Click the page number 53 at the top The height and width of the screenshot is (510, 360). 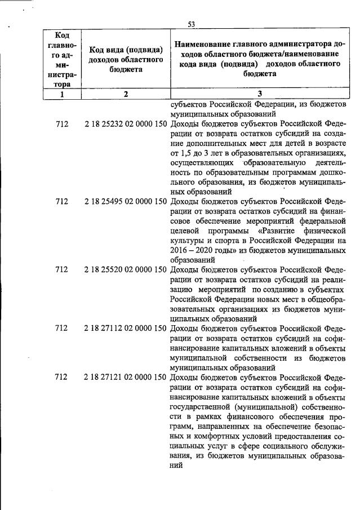tap(191, 24)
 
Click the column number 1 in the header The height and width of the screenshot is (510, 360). tap(62, 95)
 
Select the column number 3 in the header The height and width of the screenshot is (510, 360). tap(260, 95)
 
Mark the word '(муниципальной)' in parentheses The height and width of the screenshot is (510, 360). tap(264, 405)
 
